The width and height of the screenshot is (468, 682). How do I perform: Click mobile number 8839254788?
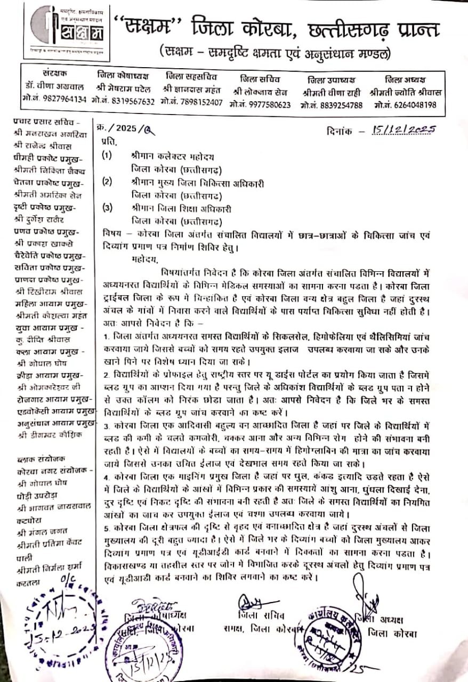tap(333, 105)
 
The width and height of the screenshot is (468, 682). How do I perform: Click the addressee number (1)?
tap(107, 157)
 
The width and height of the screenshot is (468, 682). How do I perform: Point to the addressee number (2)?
tap(107, 182)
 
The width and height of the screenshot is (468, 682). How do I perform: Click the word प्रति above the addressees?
tap(107, 142)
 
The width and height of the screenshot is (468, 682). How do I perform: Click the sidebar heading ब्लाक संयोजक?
tap(37, 458)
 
